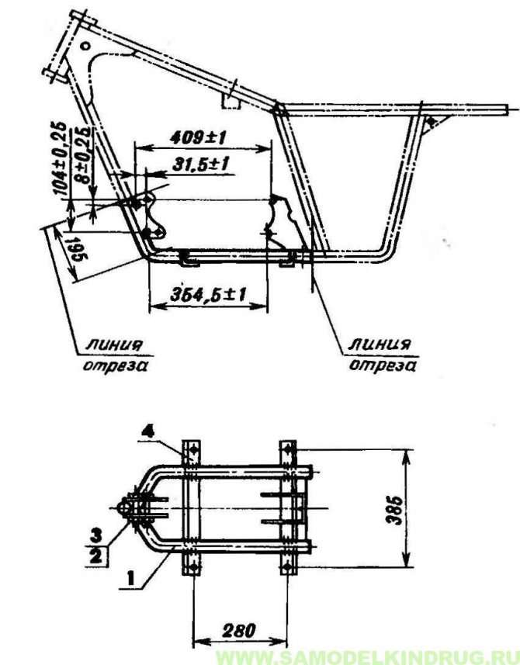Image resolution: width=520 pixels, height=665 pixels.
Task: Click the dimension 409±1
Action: coord(198,137)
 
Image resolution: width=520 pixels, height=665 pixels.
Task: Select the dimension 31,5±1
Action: coord(201,165)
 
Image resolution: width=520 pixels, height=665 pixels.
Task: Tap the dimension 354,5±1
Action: coord(208,294)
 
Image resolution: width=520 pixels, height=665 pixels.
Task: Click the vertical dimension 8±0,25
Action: coord(85,155)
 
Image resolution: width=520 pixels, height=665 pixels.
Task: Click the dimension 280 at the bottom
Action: coord(238,631)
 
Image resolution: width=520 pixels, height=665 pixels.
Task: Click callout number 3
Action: coord(96,535)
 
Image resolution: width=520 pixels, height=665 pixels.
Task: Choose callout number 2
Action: coord(96,555)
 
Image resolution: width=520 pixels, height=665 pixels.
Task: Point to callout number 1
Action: coord(132,577)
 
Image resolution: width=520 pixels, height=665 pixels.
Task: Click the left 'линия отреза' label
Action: coord(114,355)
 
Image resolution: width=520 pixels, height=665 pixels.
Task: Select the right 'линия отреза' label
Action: coord(382,355)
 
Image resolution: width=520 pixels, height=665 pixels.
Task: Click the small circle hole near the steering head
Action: coord(85,45)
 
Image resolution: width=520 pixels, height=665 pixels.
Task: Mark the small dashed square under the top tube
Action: coord(231,102)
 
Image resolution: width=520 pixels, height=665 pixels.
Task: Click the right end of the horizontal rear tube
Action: coord(508,109)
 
